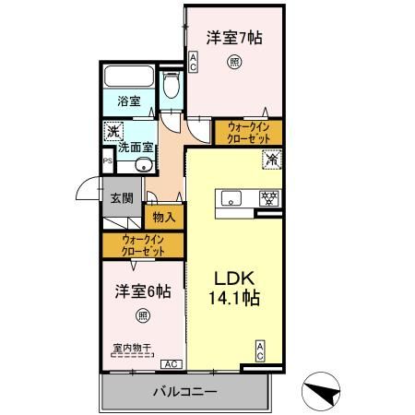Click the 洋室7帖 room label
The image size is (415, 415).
click(234, 40)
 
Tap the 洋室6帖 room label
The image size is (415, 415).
click(142, 292)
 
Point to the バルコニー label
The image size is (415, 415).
click(184, 392)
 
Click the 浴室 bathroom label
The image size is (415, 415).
click(129, 101)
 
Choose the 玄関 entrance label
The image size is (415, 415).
click(122, 196)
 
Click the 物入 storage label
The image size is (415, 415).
click(164, 218)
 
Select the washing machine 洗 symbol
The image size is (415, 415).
click(112, 131)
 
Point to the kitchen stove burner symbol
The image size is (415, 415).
click(270, 196)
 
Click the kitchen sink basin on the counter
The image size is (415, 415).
click(231, 198)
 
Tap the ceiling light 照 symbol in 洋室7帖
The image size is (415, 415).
click(234, 63)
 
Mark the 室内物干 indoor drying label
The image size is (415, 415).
click(133, 348)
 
